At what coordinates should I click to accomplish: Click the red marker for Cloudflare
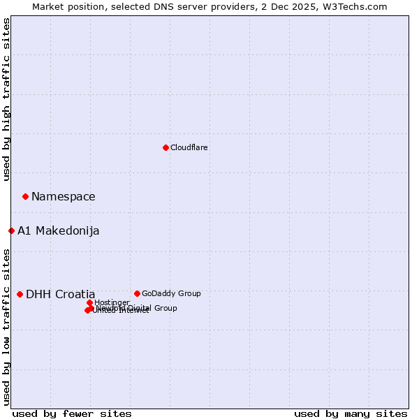pos(166,147)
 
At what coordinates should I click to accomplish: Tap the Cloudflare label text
pos(189,147)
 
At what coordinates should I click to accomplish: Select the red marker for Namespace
pos(25,196)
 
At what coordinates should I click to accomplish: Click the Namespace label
pos(63,196)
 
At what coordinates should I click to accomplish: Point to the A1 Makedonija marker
pos(11,230)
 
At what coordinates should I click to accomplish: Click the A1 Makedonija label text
pos(58,230)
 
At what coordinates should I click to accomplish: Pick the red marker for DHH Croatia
pos(20,294)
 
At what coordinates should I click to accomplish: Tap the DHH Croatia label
pos(60,294)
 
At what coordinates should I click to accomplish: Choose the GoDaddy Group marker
pos(137,293)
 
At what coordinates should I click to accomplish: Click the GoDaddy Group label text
pos(171,293)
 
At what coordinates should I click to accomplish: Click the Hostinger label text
pos(112,302)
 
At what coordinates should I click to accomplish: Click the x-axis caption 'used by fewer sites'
pos(72,413)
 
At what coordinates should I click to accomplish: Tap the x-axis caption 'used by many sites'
pos(351,413)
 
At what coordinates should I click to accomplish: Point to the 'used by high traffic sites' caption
pos(6,99)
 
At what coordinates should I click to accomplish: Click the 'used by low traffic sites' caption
pos(6,326)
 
